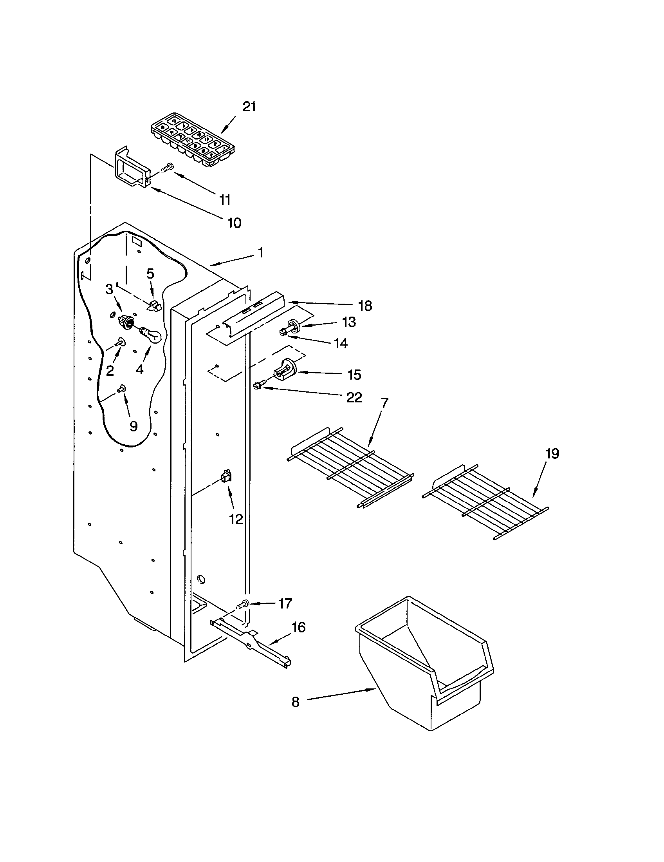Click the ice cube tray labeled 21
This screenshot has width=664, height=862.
tap(192, 140)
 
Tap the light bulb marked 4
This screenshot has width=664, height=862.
tap(151, 334)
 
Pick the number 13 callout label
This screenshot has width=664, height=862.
tap(349, 322)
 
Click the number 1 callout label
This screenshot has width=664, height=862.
tap(260, 253)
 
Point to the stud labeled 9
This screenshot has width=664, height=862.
tap(122, 389)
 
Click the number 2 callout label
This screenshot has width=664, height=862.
tap(110, 370)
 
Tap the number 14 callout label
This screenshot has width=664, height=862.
tap(341, 343)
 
